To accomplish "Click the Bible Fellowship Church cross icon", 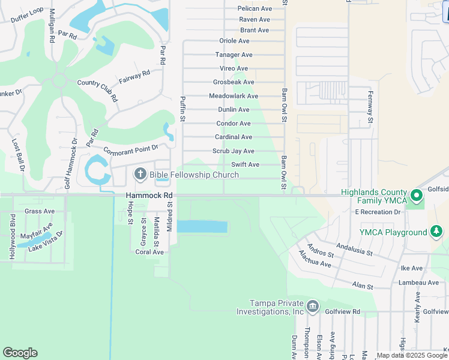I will coord(140,175).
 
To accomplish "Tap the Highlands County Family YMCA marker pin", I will coord(415,197).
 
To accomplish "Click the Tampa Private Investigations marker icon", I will coord(312,307).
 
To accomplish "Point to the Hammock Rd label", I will coord(149,196).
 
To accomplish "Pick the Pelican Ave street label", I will coord(255,8).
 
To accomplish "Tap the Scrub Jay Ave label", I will coord(234,151).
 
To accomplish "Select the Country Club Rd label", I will coord(97,91).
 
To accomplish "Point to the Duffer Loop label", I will coord(28,15).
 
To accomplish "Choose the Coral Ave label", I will coord(149,252).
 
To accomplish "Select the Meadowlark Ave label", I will coord(234,96).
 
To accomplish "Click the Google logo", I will coord(20,353).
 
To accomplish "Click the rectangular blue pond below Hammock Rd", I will coord(202,227).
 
